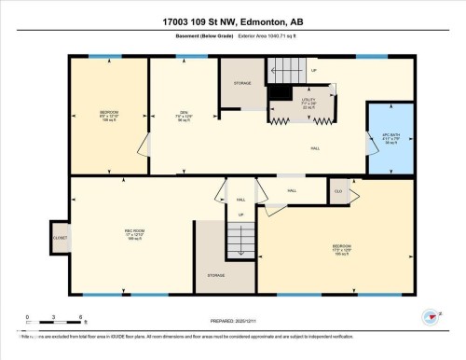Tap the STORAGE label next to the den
(x=241, y=83)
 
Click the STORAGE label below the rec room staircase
(x=216, y=275)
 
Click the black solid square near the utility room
(x=278, y=93)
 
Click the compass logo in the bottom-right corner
(x=431, y=319)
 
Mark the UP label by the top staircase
(x=313, y=70)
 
